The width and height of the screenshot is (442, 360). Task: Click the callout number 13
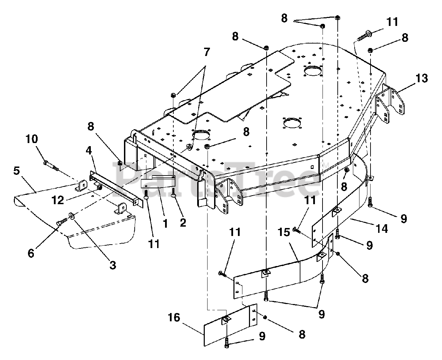[x=422, y=78]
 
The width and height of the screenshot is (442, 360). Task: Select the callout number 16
[x=174, y=318]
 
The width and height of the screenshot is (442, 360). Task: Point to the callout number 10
[x=32, y=140]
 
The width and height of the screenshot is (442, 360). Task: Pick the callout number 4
[x=89, y=151]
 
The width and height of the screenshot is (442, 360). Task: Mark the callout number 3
[x=113, y=265]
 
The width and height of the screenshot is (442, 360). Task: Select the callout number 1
[x=165, y=224]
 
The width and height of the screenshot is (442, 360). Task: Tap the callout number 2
[x=183, y=222]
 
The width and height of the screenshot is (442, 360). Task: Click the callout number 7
[x=206, y=53]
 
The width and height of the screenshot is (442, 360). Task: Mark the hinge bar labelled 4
[x=116, y=187]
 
